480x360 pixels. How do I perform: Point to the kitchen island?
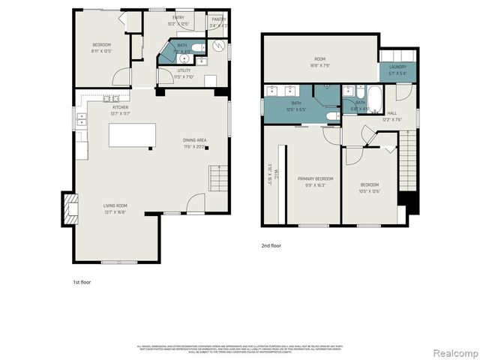(132, 136)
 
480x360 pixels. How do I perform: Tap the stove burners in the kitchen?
(110, 98)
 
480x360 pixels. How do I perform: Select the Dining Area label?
(194, 142)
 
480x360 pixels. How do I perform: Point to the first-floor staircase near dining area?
(217, 179)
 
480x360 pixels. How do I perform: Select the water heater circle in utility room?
(217, 46)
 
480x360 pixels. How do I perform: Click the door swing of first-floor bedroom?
(119, 76)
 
